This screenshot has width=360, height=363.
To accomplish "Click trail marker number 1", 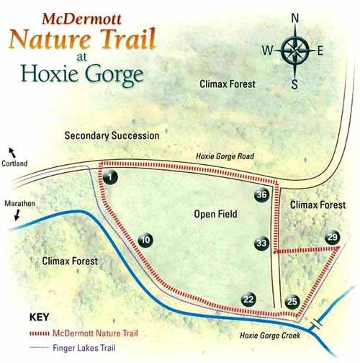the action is pyautogui.click(x=109, y=176).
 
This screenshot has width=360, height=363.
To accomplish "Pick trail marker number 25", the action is pyautogui.click(x=292, y=302).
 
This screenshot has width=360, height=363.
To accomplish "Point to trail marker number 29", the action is pyautogui.click(x=331, y=237).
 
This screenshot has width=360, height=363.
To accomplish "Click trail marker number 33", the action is pyautogui.click(x=261, y=243).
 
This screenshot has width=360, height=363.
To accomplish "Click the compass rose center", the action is pyautogui.click(x=294, y=50).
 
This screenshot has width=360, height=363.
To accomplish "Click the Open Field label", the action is pyautogui.click(x=215, y=214).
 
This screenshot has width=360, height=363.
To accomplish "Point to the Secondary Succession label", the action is pyautogui.click(x=112, y=135).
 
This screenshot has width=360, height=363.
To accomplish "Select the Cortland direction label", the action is pyautogui.click(x=14, y=163).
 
